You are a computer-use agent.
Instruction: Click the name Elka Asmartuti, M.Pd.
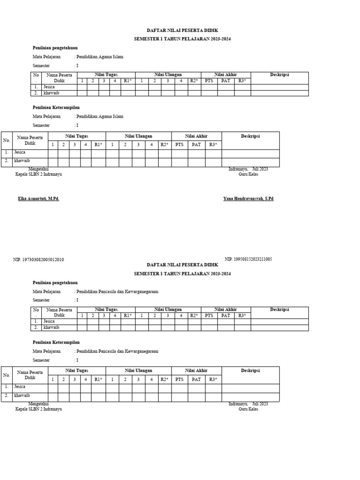38,199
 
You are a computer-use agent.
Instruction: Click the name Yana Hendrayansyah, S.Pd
248,199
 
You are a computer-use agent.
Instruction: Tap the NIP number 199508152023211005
248,259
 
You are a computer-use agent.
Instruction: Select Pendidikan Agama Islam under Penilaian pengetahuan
100,57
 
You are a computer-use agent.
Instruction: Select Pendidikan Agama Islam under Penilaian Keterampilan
100,116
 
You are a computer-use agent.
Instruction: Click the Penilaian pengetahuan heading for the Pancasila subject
55,283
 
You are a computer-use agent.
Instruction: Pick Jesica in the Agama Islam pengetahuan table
49,87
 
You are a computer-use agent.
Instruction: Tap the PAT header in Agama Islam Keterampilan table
196,145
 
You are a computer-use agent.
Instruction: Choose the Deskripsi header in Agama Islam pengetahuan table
279,75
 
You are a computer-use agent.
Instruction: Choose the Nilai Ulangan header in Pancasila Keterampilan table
138,371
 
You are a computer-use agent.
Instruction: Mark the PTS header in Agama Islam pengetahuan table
209,81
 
